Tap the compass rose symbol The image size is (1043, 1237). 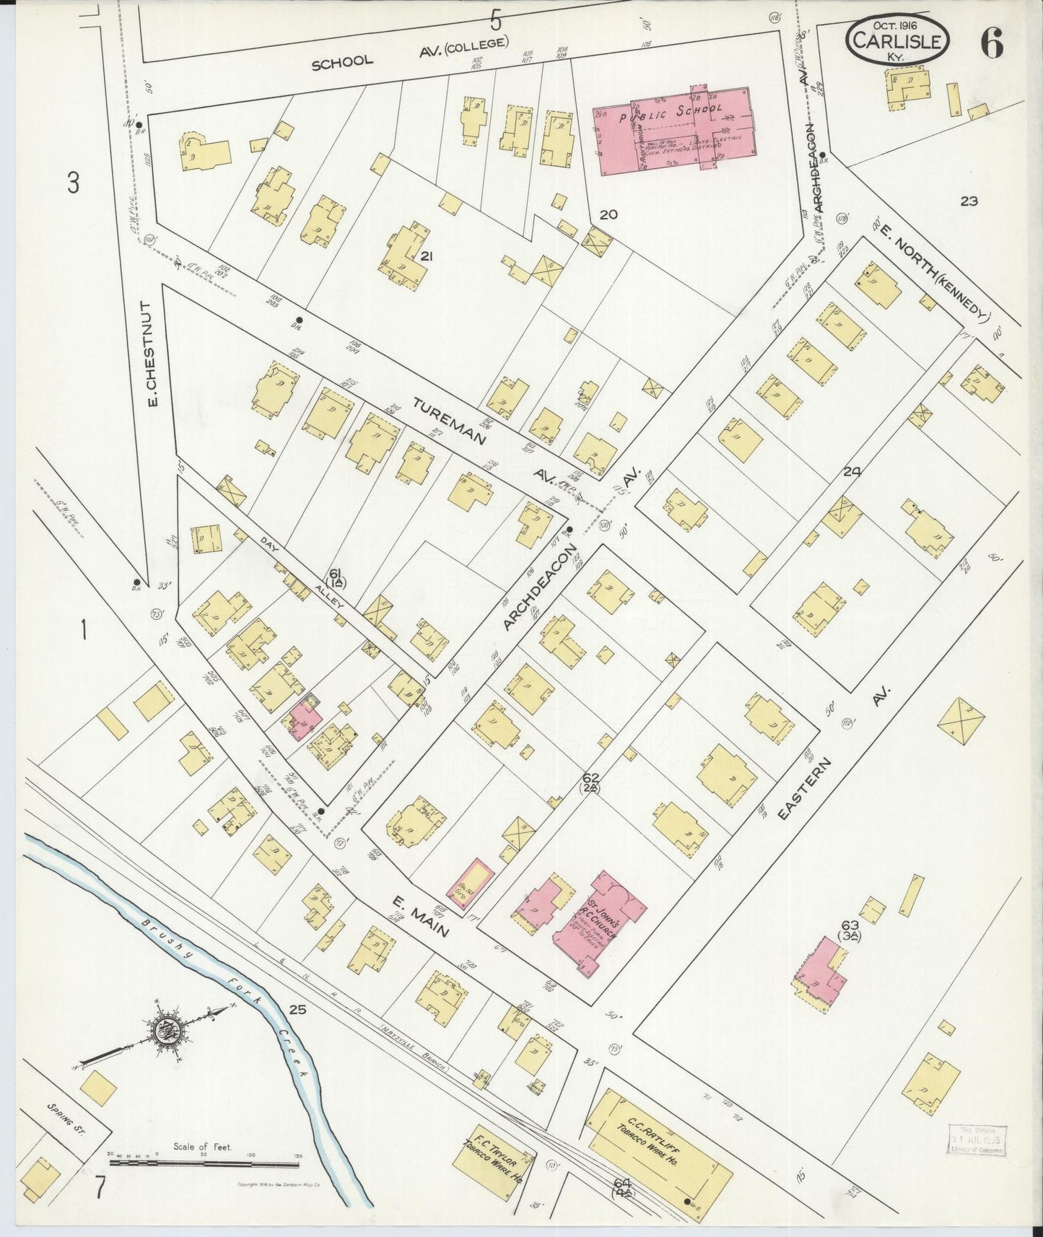pos(168,1031)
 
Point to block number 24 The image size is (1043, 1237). pos(852,471)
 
